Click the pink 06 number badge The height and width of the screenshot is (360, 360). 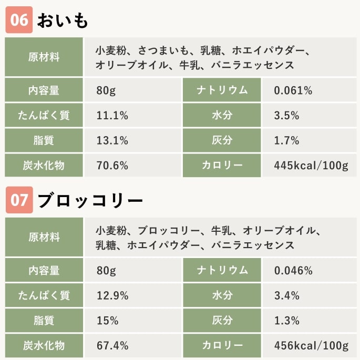coord(19,20)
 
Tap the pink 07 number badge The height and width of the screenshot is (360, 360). coord(19,200)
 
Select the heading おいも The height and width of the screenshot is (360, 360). coord(63,20)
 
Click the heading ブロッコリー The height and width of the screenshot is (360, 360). coord(90,201)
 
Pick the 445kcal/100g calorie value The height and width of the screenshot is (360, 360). coord(311,166)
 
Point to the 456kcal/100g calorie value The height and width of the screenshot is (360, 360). coord(311,345)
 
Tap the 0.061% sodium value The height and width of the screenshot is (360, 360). coord(293,90)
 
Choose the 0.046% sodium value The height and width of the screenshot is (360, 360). coord(293,271)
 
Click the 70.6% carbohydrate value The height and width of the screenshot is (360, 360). coord(112,166)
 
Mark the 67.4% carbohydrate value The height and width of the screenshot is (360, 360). coord(112,345)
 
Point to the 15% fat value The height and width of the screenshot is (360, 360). coord(107,321)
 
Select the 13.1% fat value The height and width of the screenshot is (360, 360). coord(112,140)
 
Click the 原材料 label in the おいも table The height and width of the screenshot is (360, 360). coord(44,57)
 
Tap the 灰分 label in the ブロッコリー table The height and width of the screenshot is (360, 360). coord(222,321)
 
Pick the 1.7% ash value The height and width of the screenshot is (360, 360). coord(286,140)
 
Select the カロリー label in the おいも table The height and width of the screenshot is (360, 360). coord(222,166)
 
